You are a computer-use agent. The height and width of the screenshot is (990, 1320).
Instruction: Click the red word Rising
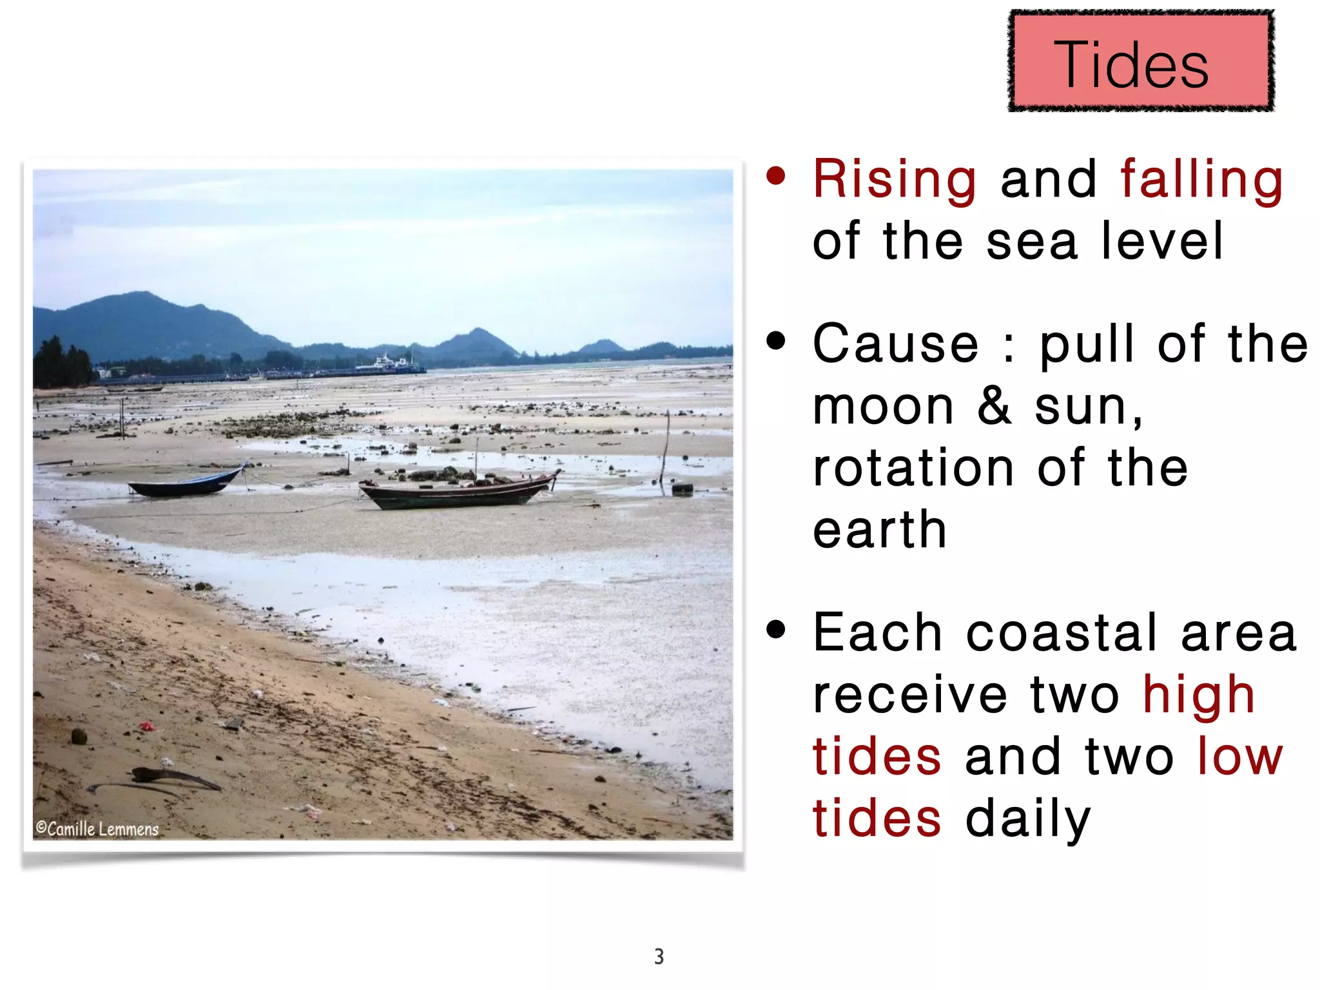click(x=894, y=180)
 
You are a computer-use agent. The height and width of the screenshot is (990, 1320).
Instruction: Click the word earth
click(x=879, y=530)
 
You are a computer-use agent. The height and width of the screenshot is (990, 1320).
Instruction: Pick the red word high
click(x=1198, y=696)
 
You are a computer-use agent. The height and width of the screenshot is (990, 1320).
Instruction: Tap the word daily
click(x=1027, y=819)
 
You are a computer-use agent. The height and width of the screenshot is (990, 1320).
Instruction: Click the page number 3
click(x=659, y=956)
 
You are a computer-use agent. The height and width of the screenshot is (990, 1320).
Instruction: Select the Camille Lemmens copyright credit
click(x=97, y=829)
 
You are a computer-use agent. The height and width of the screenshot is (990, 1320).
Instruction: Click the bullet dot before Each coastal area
click(x=776, y=629)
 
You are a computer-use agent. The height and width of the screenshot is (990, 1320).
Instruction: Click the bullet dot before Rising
click(x=776, y=175)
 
